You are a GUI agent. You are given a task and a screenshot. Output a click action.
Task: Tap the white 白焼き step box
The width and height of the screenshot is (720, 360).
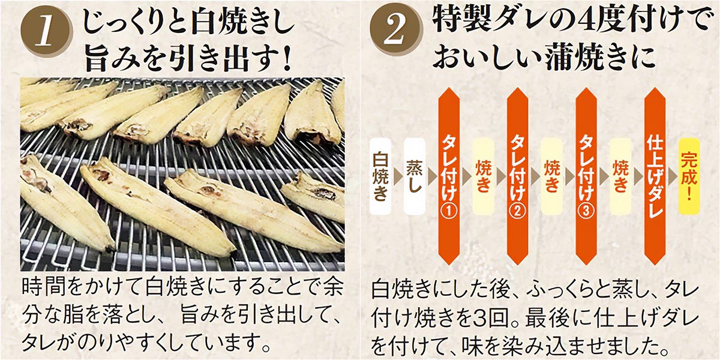click(381, 176)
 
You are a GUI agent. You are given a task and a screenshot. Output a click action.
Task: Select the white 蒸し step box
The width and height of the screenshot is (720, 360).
click(415, 176)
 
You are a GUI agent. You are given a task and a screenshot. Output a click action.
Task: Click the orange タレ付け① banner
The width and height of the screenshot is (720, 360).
click(449, 176)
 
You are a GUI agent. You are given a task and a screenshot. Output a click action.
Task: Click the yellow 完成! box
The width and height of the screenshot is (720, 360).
click(689, 176)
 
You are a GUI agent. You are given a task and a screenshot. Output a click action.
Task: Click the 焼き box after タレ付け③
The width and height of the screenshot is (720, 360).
click(620, 176)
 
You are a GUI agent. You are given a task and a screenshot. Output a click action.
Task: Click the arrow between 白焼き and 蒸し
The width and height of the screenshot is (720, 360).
click(398, 176)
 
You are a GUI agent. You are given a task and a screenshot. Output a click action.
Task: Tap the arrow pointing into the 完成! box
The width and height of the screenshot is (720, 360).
click(673, 176)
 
